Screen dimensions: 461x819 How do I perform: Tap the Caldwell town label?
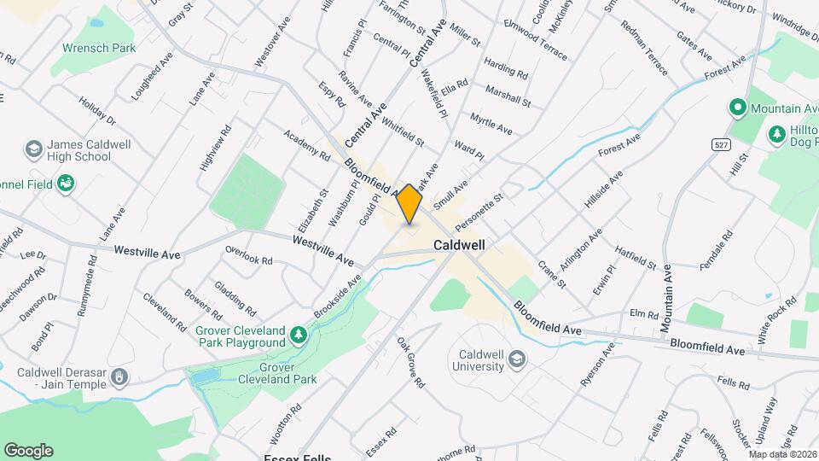(459, 244)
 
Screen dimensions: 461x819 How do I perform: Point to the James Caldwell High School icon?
(33, 150)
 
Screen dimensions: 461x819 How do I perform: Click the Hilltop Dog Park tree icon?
(776, 134)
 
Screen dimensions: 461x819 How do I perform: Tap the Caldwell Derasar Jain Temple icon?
(121, 376)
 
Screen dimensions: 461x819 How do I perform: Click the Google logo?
(28, 450)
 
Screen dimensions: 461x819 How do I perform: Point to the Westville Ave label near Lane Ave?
(148, 254)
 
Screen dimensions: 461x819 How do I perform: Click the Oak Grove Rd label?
(410, 362)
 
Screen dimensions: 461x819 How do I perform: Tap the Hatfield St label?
(636, 257)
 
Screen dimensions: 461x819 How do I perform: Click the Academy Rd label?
(307, 145)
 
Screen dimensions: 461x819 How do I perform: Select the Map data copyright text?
(782, 453)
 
